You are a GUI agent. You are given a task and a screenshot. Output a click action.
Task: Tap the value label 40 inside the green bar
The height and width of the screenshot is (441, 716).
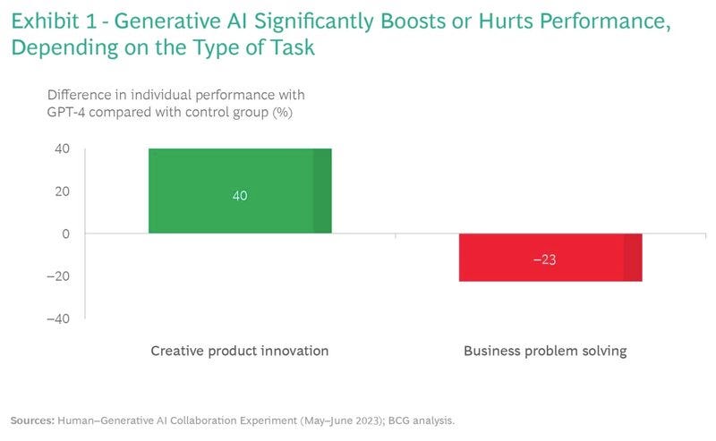240,195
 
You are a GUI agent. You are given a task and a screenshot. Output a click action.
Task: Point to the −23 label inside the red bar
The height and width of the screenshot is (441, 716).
545,260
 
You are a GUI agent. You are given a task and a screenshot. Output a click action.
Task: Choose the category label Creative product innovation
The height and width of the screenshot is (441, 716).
239,351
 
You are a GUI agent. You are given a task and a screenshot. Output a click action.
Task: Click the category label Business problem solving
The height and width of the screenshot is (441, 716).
545,351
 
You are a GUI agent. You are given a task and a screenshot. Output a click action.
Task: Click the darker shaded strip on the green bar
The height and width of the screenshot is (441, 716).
322,191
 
